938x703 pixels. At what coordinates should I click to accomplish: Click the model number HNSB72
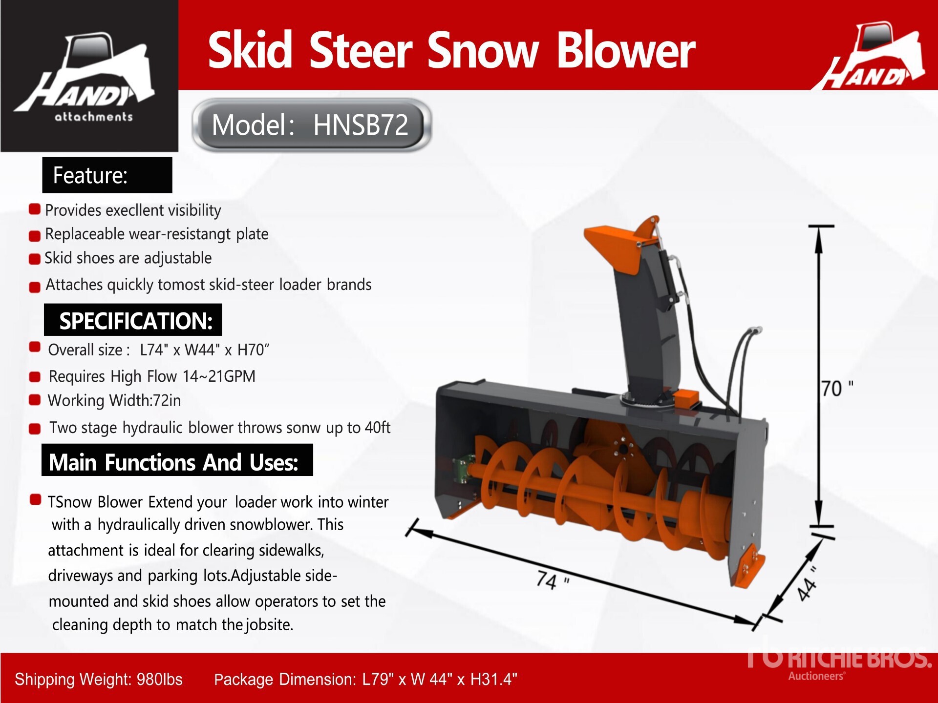361,125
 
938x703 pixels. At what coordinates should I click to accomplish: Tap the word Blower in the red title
626,50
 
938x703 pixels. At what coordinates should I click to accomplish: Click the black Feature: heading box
107,175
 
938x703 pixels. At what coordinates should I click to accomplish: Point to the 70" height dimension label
837,389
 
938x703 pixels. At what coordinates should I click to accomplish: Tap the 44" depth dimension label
808,583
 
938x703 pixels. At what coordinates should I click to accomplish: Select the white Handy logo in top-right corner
869,56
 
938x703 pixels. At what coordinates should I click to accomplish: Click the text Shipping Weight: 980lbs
99,679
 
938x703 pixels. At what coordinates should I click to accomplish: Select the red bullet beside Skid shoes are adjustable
34,259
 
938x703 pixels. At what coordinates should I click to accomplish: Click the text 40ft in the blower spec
378,427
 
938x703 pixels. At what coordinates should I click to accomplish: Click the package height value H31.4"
494,679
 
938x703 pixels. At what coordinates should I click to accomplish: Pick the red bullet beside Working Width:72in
34,400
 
